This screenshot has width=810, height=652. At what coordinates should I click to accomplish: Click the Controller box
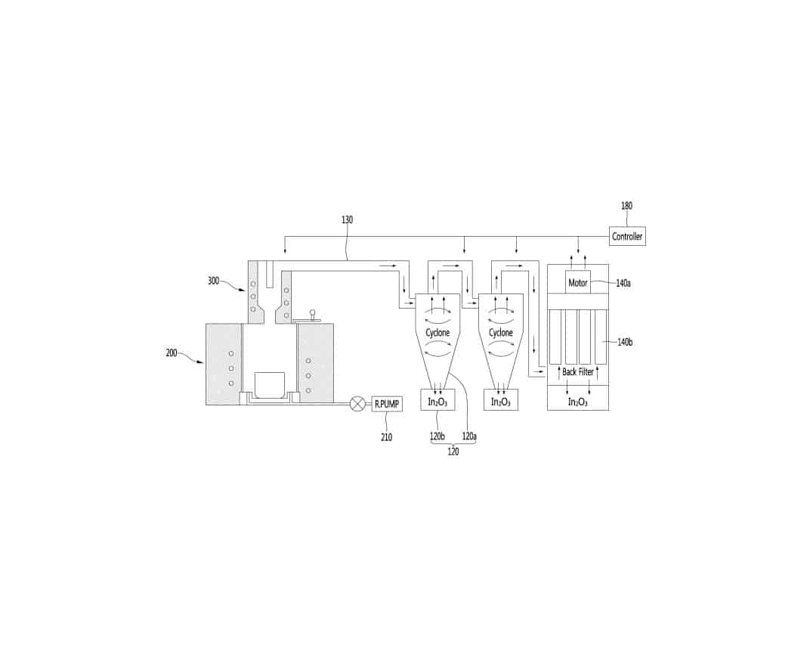click(x=627, y=236)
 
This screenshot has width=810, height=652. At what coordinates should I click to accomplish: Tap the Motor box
click(x=578, y=282)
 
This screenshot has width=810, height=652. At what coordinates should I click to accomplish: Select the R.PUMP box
click(x=387, y=404)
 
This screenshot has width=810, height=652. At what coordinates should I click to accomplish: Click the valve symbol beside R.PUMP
click(x=357, y=404)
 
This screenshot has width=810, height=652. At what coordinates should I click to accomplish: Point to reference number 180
click(x=626, y=206)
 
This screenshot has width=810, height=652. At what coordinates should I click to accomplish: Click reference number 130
click(x=347, y=220)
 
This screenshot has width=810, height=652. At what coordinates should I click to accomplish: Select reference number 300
click(x=213, y=281)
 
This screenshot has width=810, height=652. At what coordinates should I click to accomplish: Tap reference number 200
click(x=172, y=353)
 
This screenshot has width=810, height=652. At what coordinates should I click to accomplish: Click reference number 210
click(x=386, y=437)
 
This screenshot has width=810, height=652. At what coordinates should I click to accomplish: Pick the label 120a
click(x=469, y=436)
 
